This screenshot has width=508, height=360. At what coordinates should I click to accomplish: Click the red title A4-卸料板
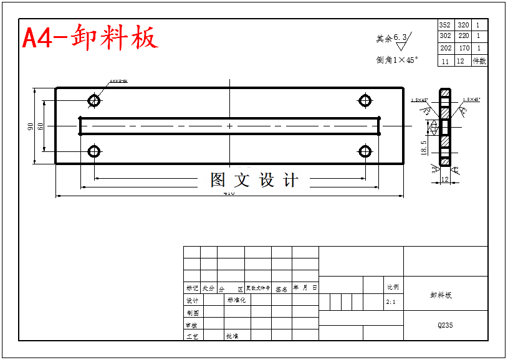[90, 38]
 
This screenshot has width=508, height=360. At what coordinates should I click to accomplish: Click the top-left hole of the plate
[94, 100]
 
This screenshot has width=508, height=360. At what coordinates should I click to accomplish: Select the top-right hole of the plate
[365, 100]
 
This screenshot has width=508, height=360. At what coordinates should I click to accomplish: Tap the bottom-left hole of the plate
[94, 151]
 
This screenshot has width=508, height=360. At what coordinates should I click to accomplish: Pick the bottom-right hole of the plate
[365, 151]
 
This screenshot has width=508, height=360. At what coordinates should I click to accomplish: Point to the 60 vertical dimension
[41, 126]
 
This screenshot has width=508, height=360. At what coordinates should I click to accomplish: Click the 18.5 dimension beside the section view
[424, 148]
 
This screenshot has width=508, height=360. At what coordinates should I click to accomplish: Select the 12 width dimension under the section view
[444, 179]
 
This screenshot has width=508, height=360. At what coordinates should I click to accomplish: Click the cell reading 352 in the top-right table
[445, 26]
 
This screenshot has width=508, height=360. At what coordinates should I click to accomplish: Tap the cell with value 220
[463, 37]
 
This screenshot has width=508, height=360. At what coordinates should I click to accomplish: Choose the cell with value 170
[463, 49]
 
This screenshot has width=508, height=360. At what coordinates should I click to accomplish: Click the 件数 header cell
[479, 61]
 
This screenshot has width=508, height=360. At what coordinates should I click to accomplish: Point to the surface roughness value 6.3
[400, 37]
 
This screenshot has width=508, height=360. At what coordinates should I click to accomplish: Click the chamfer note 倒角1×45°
[397, 60]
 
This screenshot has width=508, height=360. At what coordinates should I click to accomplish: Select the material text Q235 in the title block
[445, 325]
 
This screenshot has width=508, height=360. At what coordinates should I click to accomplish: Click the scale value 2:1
[391, 301]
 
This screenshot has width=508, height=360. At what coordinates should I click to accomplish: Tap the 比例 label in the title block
[393, 287]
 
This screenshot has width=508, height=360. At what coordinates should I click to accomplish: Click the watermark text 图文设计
[254, 181]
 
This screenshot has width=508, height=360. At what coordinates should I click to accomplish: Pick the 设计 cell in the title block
[193, 301]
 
